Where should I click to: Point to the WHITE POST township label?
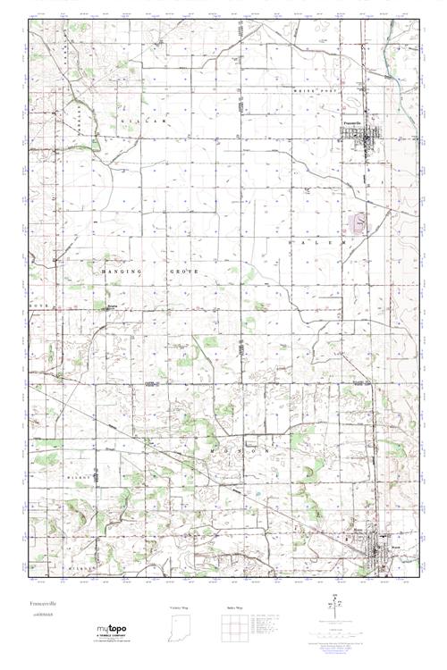(x=314, y=90)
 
